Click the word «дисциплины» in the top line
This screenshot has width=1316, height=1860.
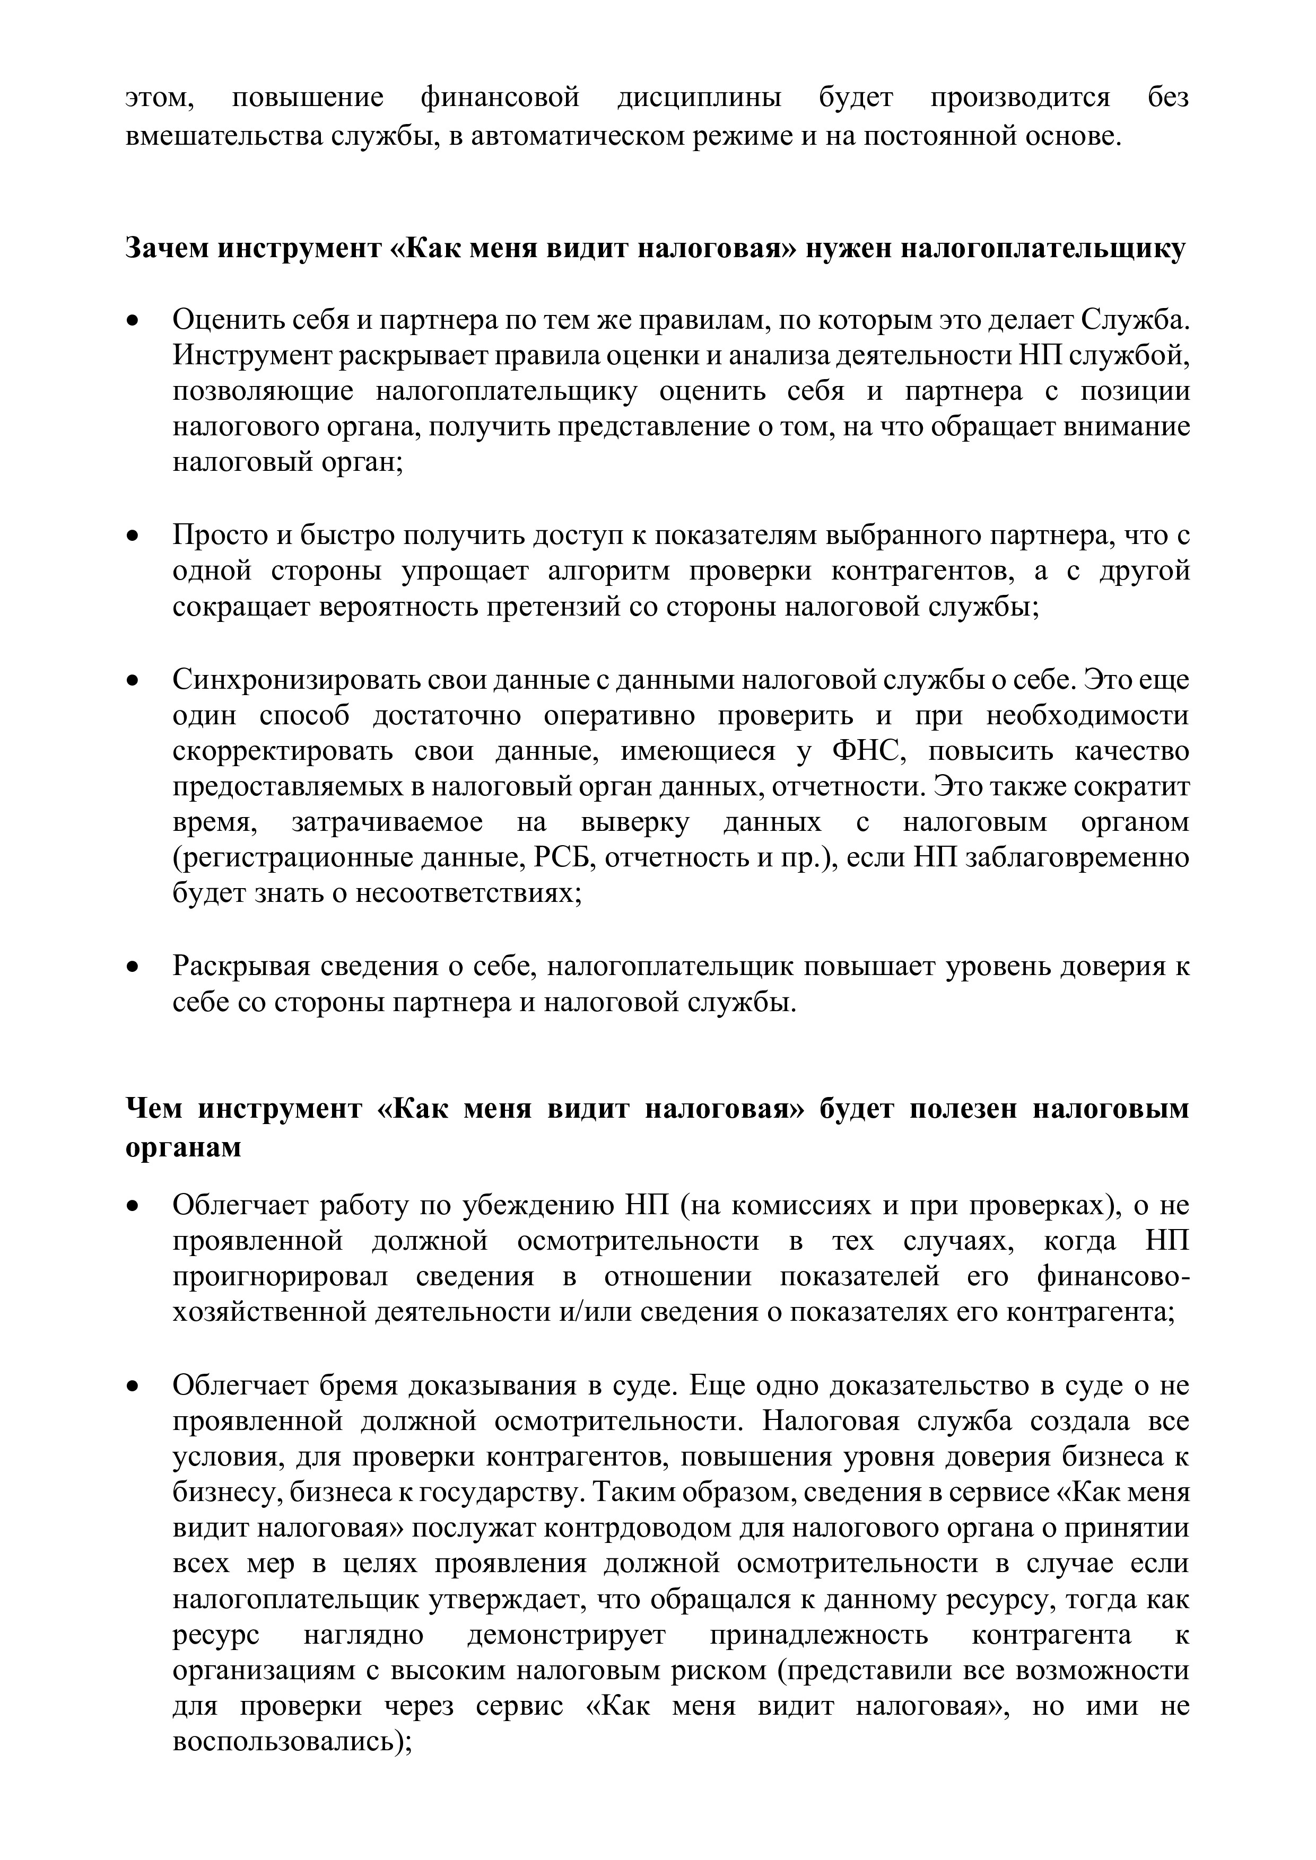[x=699, y=98]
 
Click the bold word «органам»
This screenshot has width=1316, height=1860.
[x=184, y=1147]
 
